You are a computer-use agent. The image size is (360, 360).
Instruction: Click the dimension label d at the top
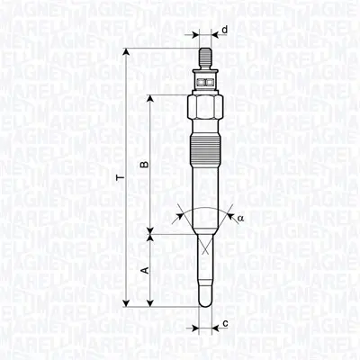224,30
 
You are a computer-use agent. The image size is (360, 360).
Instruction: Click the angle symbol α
240,217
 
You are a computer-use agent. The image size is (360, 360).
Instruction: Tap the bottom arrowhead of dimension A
150,306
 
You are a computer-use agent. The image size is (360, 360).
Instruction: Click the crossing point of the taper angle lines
204,244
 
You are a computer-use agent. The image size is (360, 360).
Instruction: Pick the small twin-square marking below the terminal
204,82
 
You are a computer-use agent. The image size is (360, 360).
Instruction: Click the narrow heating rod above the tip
204,270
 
